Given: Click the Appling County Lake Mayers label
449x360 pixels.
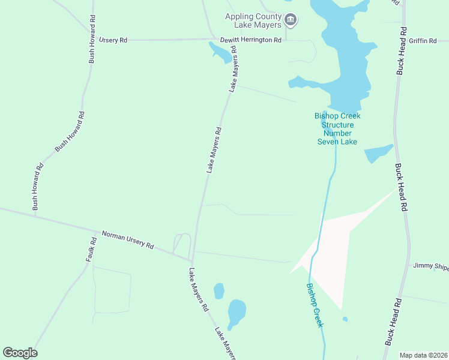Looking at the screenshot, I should coord(253,20).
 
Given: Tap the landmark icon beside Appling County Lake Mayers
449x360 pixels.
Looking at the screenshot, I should coord(291,20).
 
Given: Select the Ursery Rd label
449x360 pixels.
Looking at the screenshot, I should coord(114,40).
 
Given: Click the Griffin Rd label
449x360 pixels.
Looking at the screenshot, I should coord(423,40).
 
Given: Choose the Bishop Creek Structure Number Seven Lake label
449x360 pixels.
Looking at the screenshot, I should coord(337,128).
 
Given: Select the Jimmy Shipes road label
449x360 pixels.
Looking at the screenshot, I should coord(430,266).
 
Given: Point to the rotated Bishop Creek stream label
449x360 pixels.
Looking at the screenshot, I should coord(315,305).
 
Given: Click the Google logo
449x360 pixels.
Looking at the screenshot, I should coord(20,353).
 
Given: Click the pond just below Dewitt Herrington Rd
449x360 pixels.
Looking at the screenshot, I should coord(220,53).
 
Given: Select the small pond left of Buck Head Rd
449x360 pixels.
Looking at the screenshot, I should coord(378,154).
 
